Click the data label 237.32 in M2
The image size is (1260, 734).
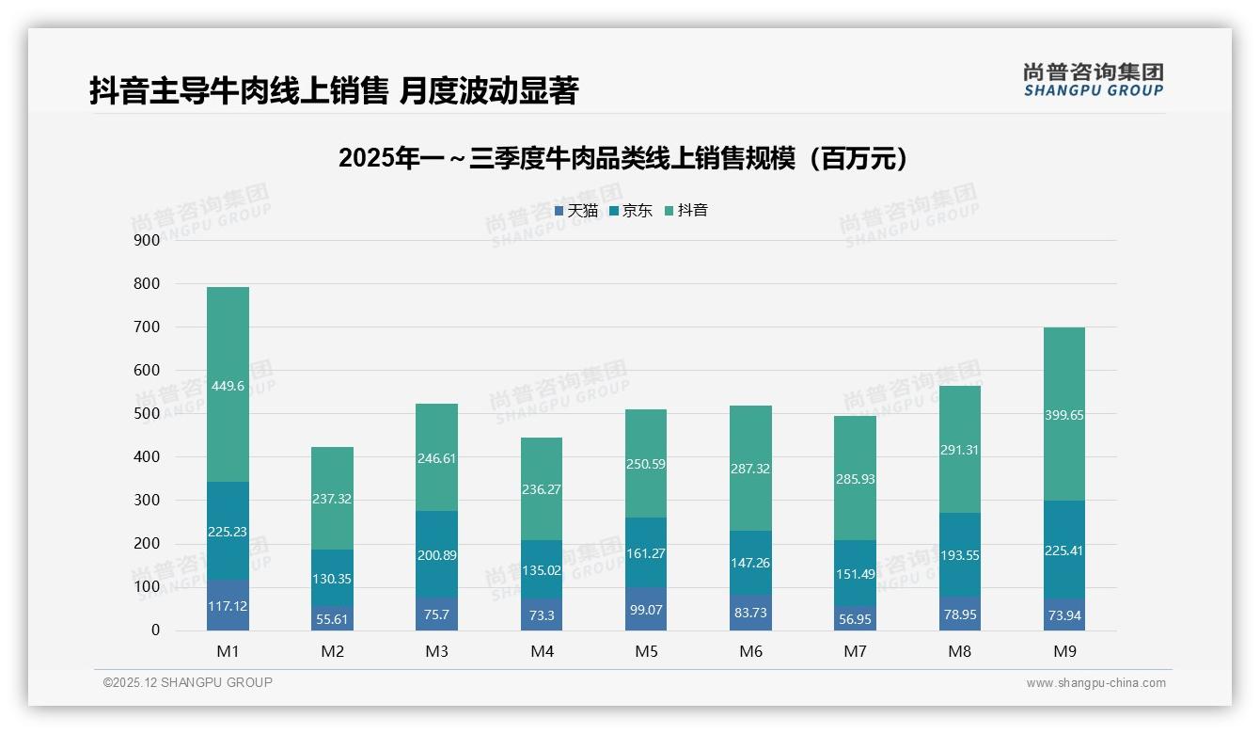click(332, 499)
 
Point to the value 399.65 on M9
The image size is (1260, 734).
click(1064, 415)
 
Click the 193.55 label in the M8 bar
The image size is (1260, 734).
click(959, 555)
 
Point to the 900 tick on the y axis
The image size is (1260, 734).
click(148, 240)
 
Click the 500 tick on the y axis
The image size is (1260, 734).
click(148, 413)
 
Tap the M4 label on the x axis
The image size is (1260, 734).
click(542, 651)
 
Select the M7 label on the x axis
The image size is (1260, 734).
click(855, 651)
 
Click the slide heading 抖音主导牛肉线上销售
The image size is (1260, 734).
click(334, 91)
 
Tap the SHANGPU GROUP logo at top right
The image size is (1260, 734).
click(1093, 80)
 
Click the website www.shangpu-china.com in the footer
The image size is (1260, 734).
click(1095, 683)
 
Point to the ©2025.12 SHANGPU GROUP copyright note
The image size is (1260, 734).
click(188, 683)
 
